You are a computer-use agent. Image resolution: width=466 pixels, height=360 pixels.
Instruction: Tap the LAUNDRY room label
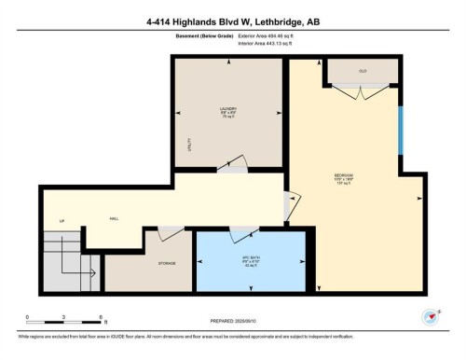point(227,109)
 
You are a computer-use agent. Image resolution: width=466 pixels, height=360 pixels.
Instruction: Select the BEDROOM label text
point(343,176)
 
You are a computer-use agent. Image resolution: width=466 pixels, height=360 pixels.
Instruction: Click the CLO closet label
point(361,70)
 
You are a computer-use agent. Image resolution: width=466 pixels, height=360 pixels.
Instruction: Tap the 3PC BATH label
point(249,257)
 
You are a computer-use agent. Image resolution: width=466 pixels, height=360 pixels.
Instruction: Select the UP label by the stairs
point(62,221)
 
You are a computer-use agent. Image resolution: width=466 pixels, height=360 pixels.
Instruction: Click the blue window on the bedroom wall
point(401,132)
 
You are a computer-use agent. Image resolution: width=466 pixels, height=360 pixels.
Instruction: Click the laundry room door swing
point(237,164)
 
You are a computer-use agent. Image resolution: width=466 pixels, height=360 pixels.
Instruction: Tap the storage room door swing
point(171,234)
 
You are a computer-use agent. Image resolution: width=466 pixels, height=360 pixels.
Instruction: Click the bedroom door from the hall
point(293,206)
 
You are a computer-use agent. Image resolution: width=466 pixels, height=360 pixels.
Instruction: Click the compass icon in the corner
point(430,316)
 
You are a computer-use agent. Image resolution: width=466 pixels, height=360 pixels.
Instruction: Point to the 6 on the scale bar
point(98,317)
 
